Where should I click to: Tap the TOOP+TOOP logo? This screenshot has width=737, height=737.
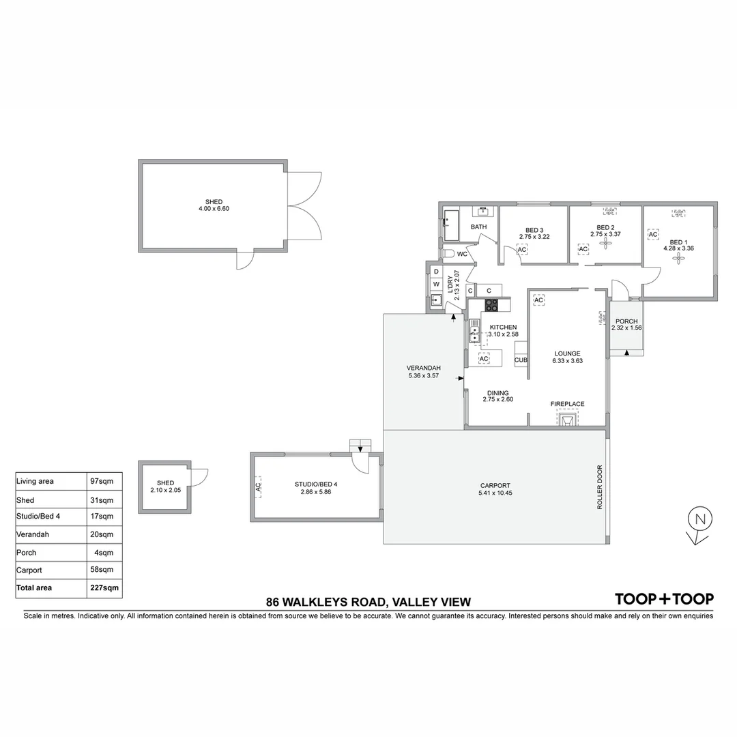(664, 599)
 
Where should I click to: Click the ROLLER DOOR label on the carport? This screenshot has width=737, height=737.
(600, 487)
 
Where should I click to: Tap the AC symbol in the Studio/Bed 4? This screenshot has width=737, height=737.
(258, 487)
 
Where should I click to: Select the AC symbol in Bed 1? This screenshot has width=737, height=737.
(652, 235)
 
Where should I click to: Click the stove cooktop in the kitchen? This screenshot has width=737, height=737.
(491, 305)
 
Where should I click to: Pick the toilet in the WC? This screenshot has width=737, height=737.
(448, 254)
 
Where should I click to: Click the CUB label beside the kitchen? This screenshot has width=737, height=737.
(521, 360)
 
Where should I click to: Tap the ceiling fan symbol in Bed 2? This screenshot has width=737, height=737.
(605, 240)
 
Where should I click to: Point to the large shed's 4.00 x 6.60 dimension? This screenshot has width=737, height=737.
(213, 209)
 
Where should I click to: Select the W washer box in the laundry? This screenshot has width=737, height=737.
(436, 284)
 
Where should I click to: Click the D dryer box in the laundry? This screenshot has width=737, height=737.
(436, 271)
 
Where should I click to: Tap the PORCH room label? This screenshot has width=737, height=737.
(626, 321)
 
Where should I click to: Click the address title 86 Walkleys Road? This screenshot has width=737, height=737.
(368, 602)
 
